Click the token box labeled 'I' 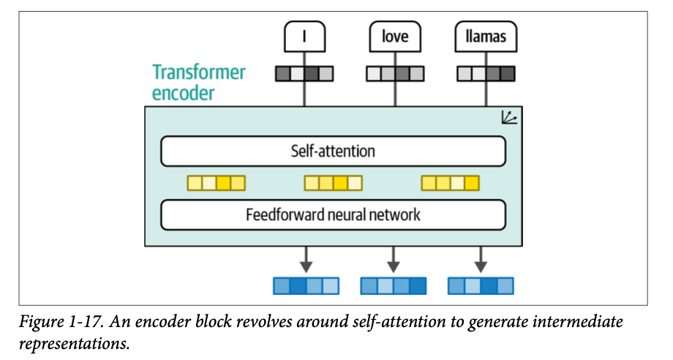pos(304,36)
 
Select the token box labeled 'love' pos(395,36)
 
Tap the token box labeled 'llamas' pos(486,36)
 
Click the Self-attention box pos(333,151)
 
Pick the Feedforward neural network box pos(333,215)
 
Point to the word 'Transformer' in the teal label pos(199,72)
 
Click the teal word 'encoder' pos(183,93)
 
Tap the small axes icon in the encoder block pos(509,117)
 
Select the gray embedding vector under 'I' pos(304,73)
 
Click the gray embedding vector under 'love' pos(395,73)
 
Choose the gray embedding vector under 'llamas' pos(486,73)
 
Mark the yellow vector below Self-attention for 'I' pos(216,183)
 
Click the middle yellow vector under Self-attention pos(333,183)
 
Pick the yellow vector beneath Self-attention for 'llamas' pos(451,183)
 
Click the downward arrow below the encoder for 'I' pos(306,258)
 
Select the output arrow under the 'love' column pos(394,258)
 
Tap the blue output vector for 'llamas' pos(481,285)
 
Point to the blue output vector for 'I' pos(306,285)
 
